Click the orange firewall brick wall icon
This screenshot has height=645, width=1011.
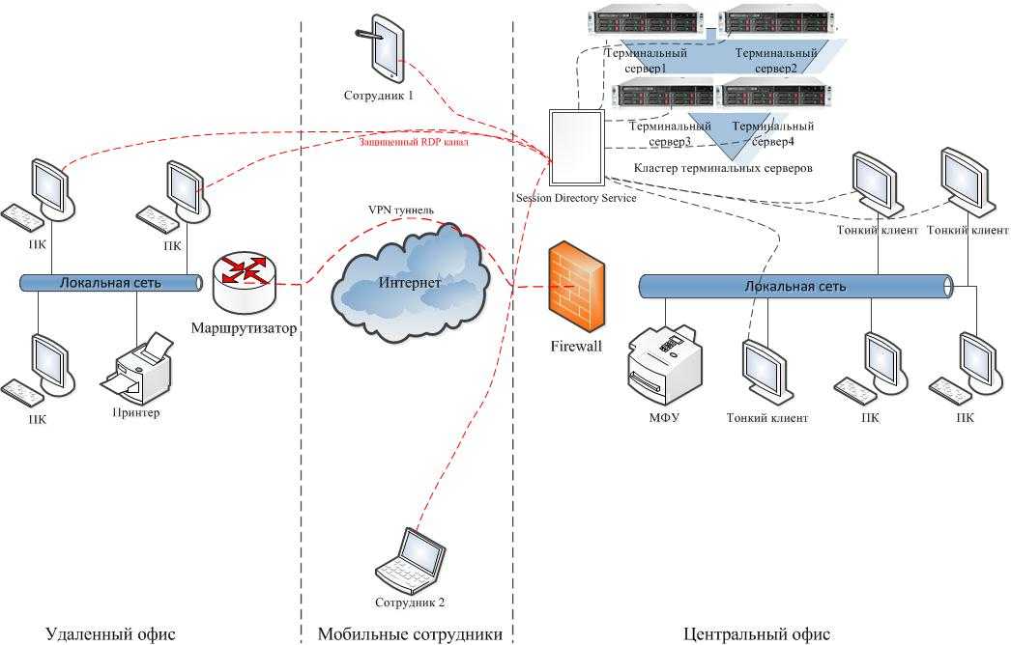click(576, 287)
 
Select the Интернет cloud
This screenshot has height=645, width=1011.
click(409, 282)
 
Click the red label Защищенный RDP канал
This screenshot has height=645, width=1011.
click(414, 142)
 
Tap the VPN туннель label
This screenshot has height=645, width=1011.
click(401, 210)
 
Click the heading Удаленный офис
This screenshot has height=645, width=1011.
click(110, 634)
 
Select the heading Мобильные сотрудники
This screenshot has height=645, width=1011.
click(410, 634)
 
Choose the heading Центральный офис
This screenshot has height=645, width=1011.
click(756, 634)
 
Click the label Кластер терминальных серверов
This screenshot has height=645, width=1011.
click(723, 168)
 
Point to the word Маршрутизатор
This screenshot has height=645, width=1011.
click(244, 328)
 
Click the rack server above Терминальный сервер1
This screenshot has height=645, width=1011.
click(646, 23)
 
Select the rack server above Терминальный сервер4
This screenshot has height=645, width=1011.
click(776, 94)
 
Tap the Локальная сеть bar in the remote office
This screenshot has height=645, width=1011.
click(111, 283)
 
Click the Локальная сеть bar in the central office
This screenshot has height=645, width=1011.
click(795, 287)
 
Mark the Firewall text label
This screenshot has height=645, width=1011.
click(576, 346)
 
